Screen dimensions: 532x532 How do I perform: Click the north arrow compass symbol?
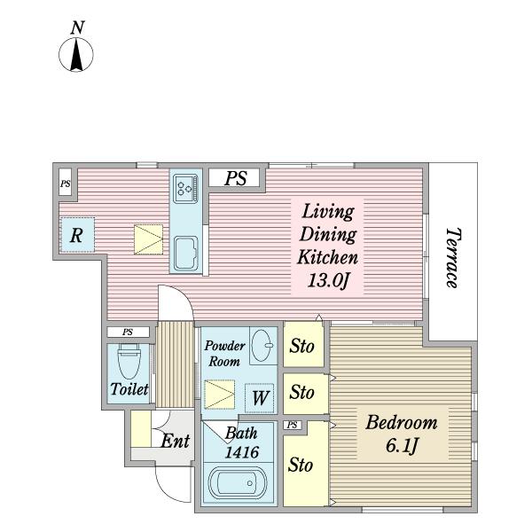tap(76, 55)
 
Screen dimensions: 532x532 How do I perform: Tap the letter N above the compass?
tap(77, 27)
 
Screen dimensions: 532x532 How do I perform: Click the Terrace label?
tap(453, 257)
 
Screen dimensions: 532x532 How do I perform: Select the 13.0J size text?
tap(328, 281)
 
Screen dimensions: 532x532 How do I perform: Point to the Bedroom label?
tap(402, 422)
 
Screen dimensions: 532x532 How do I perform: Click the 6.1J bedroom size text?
tap(402, 445)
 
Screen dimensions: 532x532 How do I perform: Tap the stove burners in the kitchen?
tap(185, 189)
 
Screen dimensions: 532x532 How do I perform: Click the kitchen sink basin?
tap(186, 253)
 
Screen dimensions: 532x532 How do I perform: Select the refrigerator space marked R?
tap(77, 235)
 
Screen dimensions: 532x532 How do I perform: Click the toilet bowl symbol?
tap(129, 361)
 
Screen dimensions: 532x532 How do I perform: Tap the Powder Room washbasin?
tap(263, 346)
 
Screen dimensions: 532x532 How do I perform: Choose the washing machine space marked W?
tap(260, 398)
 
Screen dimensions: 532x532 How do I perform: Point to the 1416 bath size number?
tap(242, 452)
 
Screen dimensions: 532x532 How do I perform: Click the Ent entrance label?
tap(175, 441)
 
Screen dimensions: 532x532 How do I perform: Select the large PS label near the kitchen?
tap(236, 178)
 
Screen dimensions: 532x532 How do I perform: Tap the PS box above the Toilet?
tap(128, 332)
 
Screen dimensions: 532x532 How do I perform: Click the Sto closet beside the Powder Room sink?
tap(303, 345)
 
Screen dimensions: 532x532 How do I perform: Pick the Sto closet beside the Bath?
tap(305, 464)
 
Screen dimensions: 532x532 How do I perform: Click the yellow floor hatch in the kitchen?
tap(148, 239)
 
